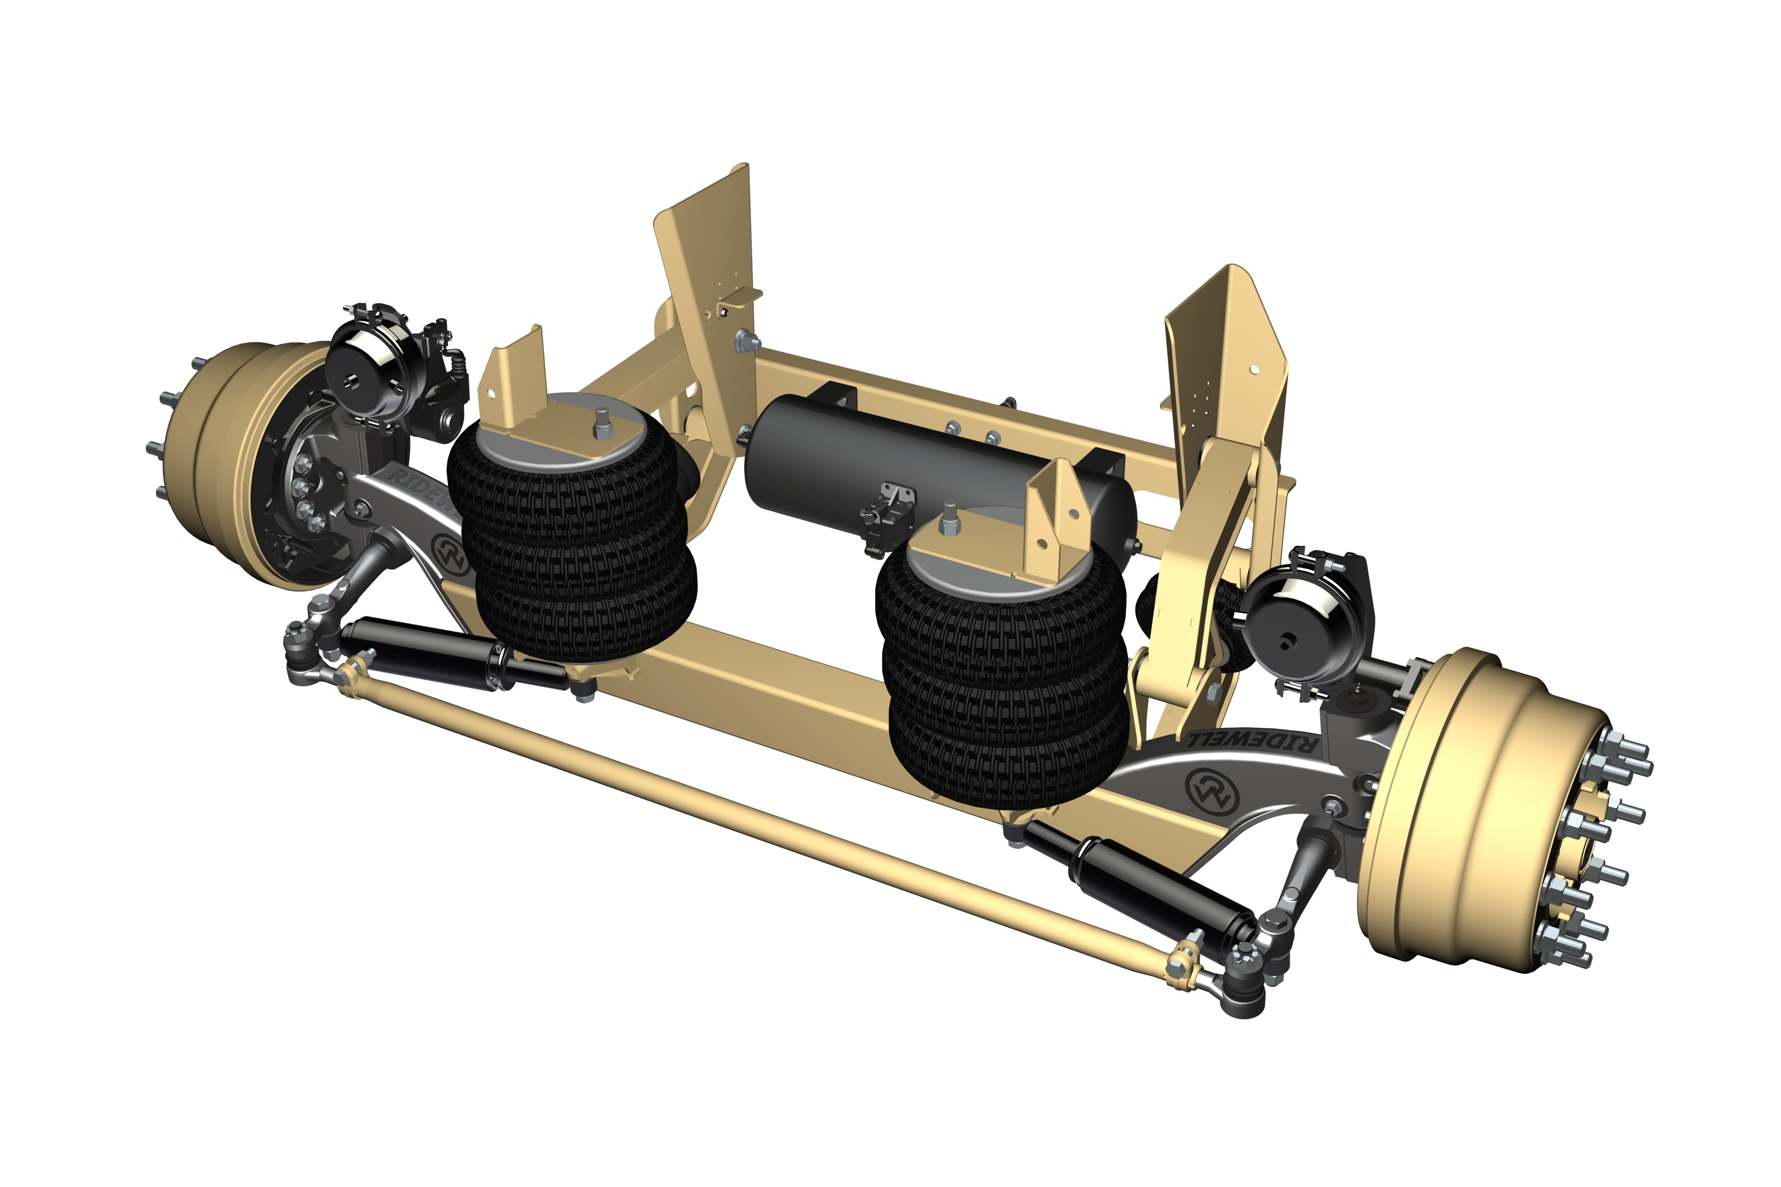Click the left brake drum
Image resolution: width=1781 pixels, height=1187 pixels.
[x=220, y=462]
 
